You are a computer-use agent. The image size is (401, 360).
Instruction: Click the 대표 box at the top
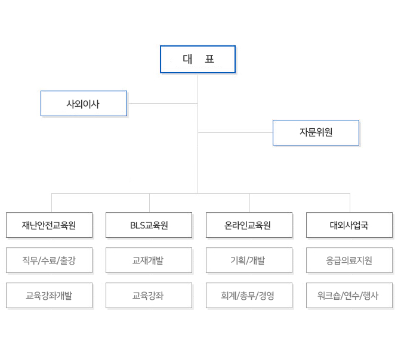click(x=198, y=59)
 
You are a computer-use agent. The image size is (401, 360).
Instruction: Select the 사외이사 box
click(x=84, y=104)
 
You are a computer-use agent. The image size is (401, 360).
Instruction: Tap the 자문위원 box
click(x=316, y=132)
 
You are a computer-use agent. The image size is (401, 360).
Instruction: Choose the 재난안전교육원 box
click(x=49, y=225)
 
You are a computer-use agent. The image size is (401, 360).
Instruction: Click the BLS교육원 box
click(x=149, y=225)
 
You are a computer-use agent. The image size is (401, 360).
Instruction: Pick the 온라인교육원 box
click(x=249, y=225)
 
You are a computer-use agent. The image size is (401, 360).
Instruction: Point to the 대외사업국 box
click(x=349, y=225)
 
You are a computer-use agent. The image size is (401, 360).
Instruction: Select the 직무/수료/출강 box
click(x=49, y=260)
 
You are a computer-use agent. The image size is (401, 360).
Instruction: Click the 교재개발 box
click(x=149, y=260)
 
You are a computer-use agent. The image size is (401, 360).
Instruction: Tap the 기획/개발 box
click(x=249, y=260)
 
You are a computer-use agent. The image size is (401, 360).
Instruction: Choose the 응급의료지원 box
click(x=349, y=260)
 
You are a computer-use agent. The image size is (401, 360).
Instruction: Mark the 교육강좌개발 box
click(x=49, y=296)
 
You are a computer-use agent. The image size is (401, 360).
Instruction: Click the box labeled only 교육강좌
click(x=149, y=296)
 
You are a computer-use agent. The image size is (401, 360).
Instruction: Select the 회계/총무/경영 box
click(x=249, y=296)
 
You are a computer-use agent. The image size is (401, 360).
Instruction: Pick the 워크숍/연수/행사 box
click(x=349, y=296)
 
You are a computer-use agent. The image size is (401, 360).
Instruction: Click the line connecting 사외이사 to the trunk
click(x=162, y=104)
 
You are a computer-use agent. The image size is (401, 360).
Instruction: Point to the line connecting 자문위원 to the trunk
click(x=235, y=132)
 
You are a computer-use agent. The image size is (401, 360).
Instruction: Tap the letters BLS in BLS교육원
click(x=138, y=225)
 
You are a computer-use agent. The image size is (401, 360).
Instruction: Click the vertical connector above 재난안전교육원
click(x=52, y=203)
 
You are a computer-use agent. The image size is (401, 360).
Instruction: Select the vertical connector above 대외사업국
click(x=350, y=203)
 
